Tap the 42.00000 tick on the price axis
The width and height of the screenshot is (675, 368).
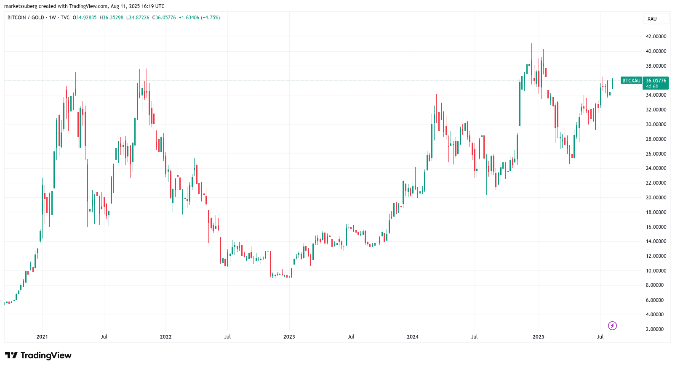[x=656, y=37]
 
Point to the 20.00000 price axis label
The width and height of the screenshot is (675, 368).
[x=656, y=198]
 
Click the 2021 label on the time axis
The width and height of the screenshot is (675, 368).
[x=42, y=337]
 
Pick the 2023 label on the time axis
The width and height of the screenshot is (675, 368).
[x=289, y=337]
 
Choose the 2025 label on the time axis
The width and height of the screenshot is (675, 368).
[x=538, y=337]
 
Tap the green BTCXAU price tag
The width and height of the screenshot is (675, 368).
[x=631, y=81]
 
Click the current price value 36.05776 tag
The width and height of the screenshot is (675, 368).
[x=656, y=81]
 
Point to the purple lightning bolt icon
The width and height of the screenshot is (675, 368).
[x=612, y=326]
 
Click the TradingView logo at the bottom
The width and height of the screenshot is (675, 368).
[x=38, y=355]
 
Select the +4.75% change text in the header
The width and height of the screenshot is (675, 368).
[x=211, y=18]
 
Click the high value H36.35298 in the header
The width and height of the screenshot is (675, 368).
[x=111, y=18]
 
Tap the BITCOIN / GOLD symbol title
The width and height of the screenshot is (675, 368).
[x=26, y=18]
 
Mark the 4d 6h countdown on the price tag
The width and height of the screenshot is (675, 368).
[x=652, y=87]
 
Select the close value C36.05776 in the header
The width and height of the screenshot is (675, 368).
[x=164, y=18]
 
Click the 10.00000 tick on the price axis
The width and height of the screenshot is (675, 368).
[x=656, y=271]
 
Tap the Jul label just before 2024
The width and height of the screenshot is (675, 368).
[x=351, y=337]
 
